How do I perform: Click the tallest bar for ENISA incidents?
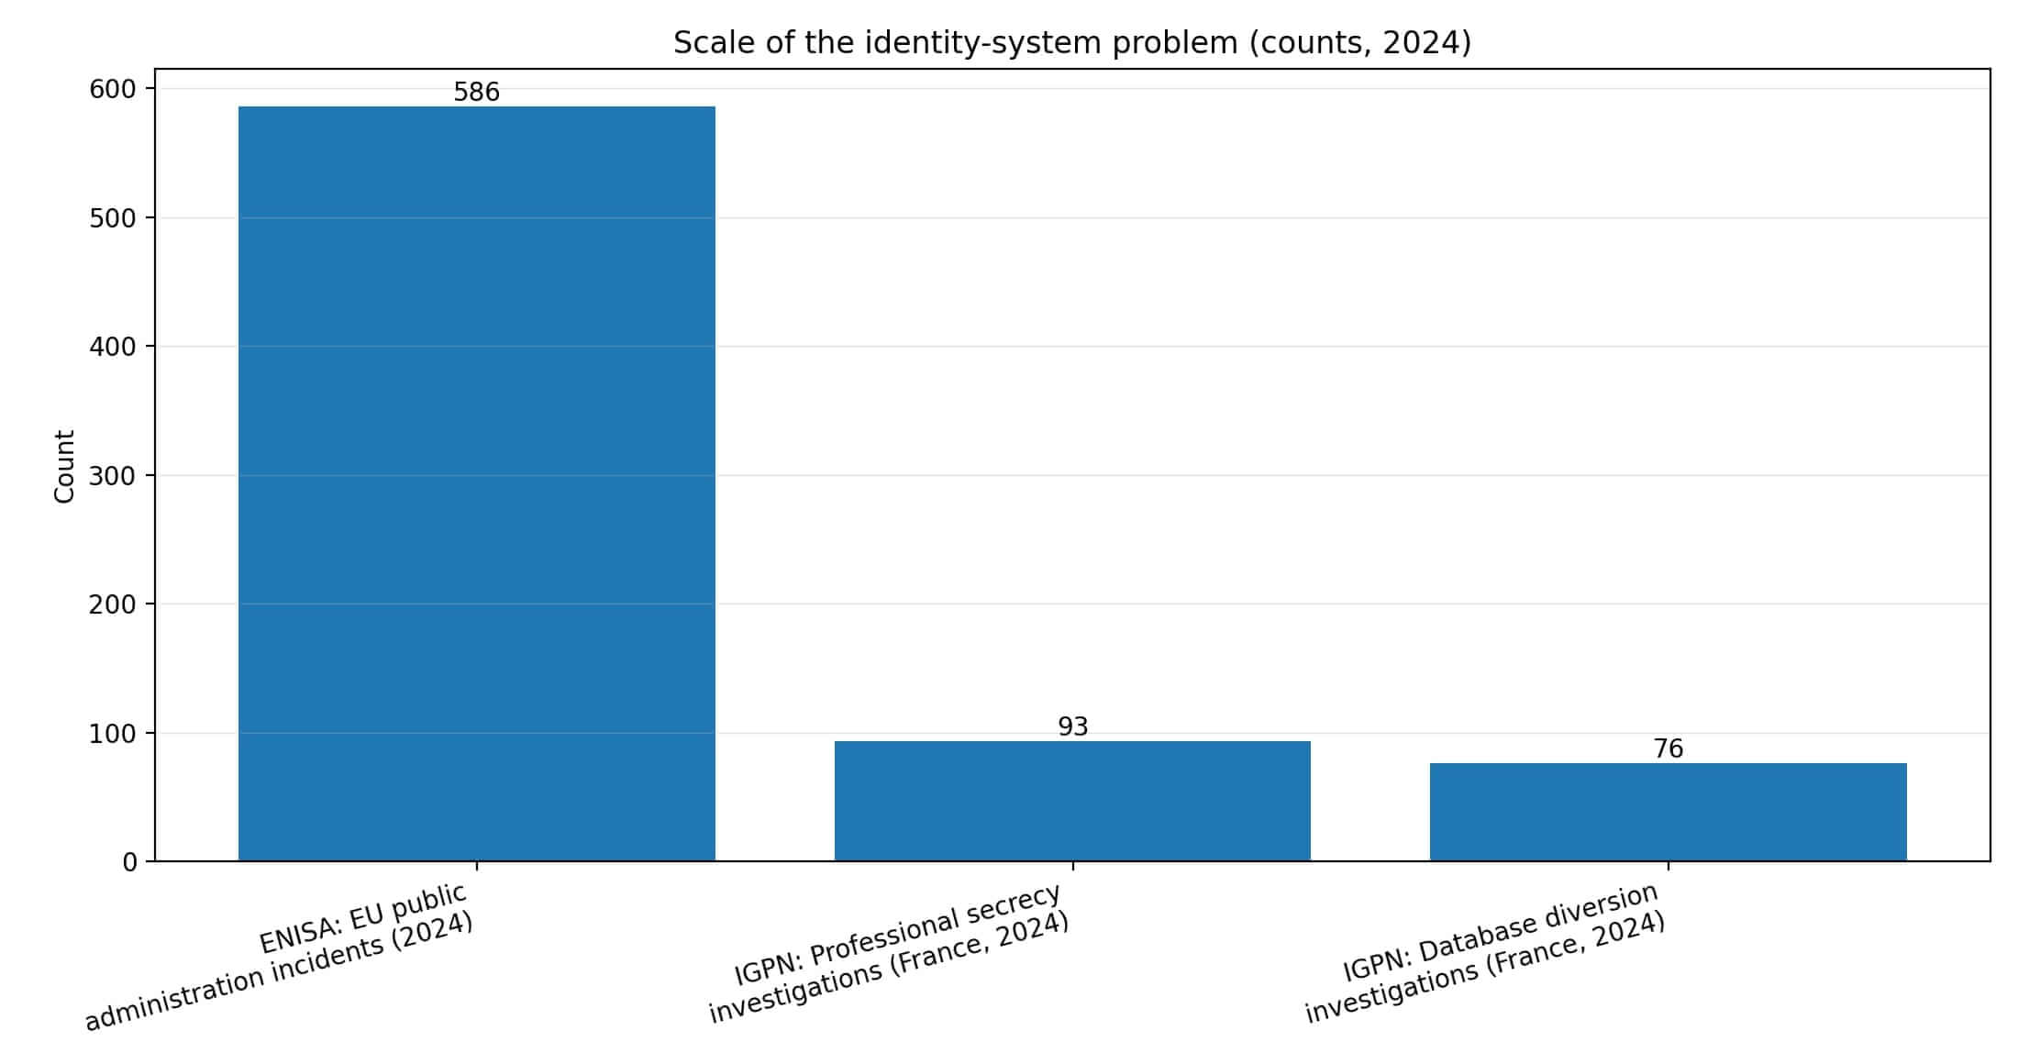[476, 483]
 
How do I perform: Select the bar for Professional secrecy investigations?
[1071, 801]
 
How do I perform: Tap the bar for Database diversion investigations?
[1667, 812]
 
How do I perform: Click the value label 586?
[476, 93]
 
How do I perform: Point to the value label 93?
[1072, 727]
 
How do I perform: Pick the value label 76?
[1668, 749]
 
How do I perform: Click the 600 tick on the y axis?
[112, 90]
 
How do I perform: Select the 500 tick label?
[112, 218]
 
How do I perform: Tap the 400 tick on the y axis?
[112, 347]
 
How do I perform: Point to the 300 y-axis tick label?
[112, 476]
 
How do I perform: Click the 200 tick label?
[112, 604]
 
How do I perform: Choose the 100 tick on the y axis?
[112, 734]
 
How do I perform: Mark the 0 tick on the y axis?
[129, 862]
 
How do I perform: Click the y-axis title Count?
[64, 466]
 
